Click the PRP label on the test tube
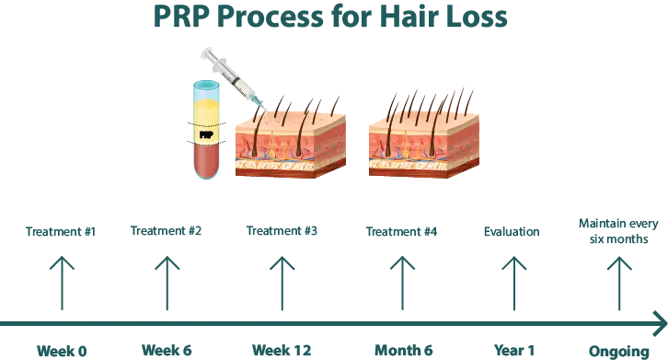(207, 134)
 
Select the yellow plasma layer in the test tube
(207, 112)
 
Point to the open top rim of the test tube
(206, 85)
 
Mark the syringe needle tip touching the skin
(258, 104)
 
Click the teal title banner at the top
(410, 16)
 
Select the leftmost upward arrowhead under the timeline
(61, 266)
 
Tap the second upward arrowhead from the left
(169, 266)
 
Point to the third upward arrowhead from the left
(284, 266)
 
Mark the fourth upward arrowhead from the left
(399, 266)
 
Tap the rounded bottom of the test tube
(206, 176)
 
